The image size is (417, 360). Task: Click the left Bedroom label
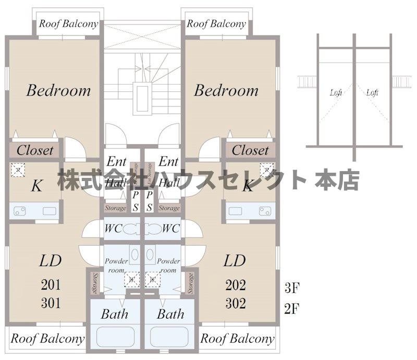[58, 90]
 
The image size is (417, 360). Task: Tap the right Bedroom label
[226, 90]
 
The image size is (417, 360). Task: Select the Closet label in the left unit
[35, 151]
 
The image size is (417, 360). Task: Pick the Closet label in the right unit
[250, 151]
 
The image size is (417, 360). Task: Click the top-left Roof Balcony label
[69, 24]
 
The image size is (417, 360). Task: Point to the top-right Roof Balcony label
[216, 24]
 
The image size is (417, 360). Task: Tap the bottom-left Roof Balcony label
[47, 339]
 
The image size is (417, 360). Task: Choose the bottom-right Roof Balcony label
[238, 339]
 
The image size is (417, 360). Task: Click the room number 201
[51, 285]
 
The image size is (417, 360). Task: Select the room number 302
[236, 303]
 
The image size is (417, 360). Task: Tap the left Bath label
[114, 314]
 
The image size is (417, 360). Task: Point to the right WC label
[171, 229]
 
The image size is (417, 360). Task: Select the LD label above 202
[235, 260]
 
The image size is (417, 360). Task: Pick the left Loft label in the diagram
[336, 93]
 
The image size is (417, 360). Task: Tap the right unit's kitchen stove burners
[265, 211]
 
